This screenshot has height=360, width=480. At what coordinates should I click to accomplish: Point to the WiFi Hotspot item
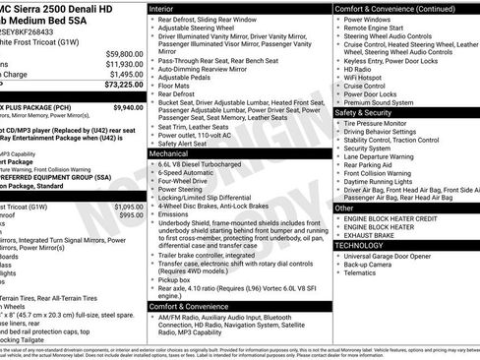coord(368,78)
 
